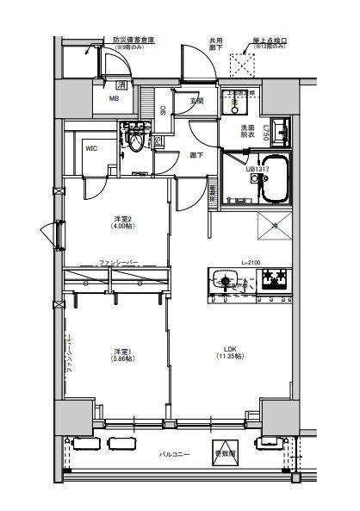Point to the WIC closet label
tap(90, 148)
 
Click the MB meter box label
tap(114, 99)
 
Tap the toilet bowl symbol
tap(134, 141)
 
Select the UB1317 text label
tap(257, 170)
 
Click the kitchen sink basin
tap(227, 279)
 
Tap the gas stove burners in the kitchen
tap(275, 279)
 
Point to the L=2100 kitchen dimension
tap(251, 262)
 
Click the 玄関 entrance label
tap(196, 102)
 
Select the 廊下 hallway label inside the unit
tap(196, 155)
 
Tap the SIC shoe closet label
tap(164, 110)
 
